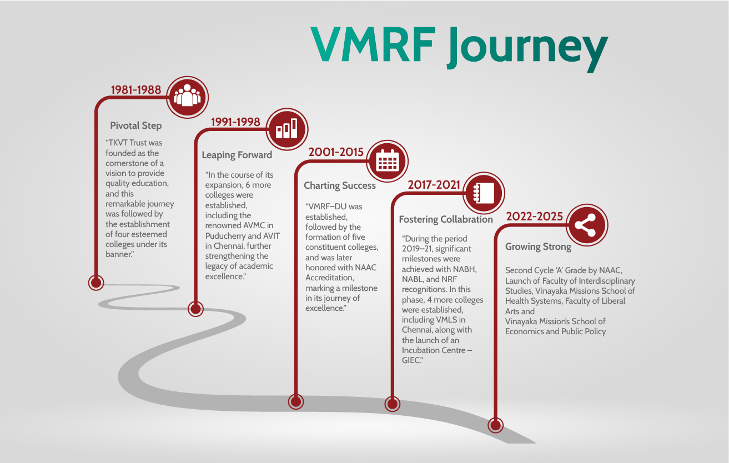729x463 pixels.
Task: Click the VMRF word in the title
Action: point(373,44)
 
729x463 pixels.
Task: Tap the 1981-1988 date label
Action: point(136,90)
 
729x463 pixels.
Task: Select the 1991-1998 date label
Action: point(235,122)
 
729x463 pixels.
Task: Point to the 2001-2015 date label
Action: point(336,152)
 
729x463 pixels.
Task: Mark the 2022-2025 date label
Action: point(534,217)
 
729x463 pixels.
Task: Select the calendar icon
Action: point(388,161)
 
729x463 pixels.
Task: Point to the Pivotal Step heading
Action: point(136,125)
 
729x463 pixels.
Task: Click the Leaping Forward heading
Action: point(237,155)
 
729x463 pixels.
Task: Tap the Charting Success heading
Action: point(340,185)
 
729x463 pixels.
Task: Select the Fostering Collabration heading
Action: point(446,219)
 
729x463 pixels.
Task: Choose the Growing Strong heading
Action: point(538,246)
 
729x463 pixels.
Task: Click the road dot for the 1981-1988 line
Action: point(96,283)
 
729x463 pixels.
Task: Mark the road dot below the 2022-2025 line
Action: point(495,425)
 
